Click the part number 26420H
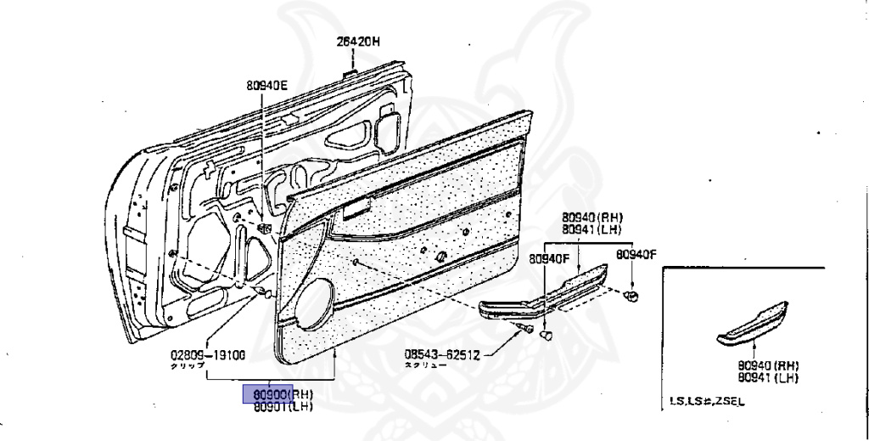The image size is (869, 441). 356,41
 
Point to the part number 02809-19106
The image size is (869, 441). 207,355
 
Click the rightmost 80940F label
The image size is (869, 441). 636,253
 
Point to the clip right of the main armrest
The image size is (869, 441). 631,296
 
